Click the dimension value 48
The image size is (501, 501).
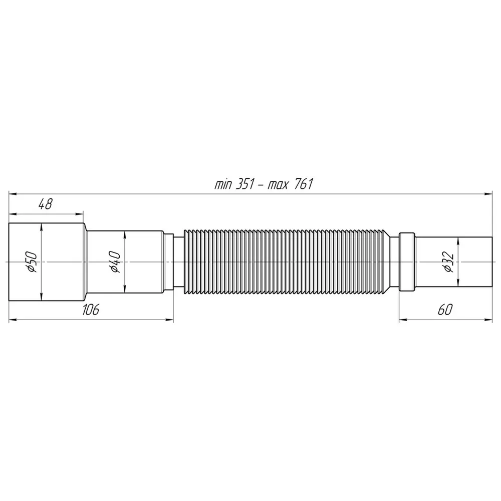[x=45, y=204]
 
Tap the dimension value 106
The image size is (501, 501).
[x=91, y=310]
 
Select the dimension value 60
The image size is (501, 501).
[x=445, y=310]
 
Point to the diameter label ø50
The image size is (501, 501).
[x=32, y=262]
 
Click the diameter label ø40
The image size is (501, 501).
[x=115, y=262]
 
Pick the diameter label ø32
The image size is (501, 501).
[x=448, y=262]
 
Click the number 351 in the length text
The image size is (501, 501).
[x=245, y=184]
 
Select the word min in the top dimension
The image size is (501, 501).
[x=223, y=185]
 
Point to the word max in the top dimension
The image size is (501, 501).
[x=278, y=185]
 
